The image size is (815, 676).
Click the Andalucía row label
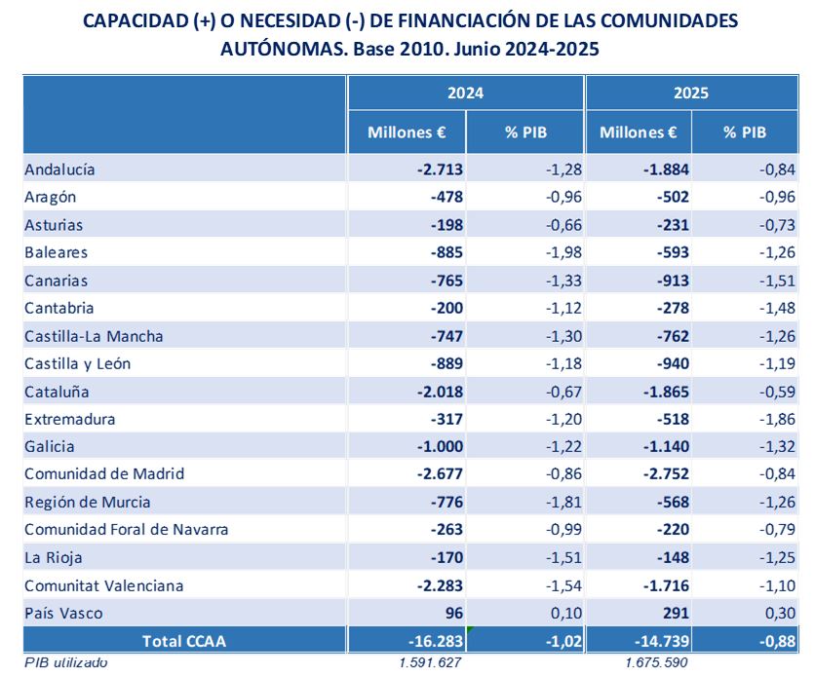point(59,169)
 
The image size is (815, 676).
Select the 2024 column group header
point(465,94)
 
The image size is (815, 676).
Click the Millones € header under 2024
point(407,132)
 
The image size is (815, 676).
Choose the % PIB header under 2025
point(745,132)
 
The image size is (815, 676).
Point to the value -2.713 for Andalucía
point(438,169)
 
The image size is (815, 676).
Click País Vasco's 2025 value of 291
point(675,614)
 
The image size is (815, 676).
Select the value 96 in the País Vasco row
point(448,614)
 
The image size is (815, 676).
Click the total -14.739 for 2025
point(661,640)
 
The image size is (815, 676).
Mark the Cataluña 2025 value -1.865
point(666,392)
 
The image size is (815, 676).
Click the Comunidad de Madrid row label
point(104,474)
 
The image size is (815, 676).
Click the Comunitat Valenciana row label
point(103,585)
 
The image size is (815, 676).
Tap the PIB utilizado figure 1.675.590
point(658,663)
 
